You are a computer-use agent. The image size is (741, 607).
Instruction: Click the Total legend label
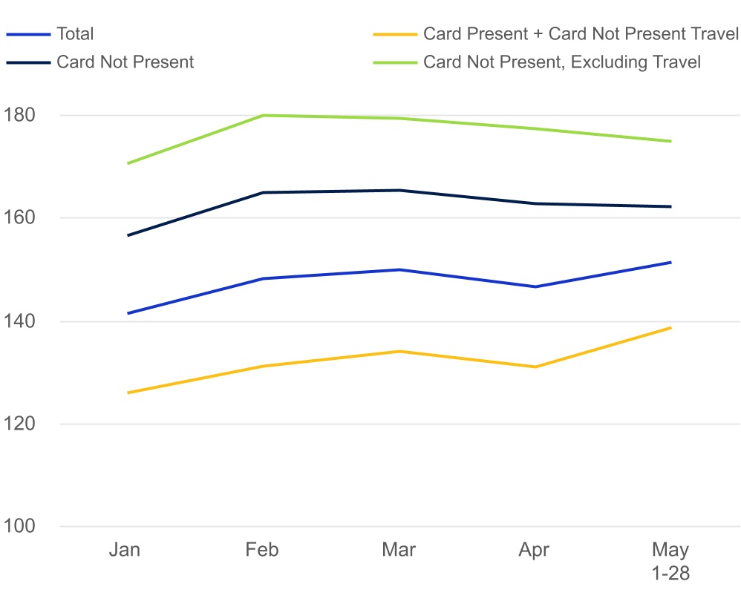pos(75,34)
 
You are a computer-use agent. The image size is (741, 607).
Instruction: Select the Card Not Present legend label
pos(125,62)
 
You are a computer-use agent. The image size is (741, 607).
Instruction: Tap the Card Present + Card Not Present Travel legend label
pos(581,34)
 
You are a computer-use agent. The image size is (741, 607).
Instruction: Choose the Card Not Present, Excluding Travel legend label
pos(562,62)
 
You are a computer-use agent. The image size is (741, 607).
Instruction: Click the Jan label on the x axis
pos(124,550)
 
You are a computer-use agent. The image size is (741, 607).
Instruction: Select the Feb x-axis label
pos(263,550)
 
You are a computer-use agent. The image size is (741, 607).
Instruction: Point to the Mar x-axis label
pos(399,550)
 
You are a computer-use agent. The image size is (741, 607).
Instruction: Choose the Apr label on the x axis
pos(534,550)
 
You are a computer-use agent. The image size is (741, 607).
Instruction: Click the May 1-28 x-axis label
pos(670,562)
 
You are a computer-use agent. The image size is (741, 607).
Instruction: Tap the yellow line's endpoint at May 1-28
pos(670,327)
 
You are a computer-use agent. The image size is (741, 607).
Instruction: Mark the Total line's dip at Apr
pos(535,286)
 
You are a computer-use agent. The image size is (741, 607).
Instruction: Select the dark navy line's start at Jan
pos(128,235)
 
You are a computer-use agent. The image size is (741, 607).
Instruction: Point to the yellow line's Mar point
pos(399,351)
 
